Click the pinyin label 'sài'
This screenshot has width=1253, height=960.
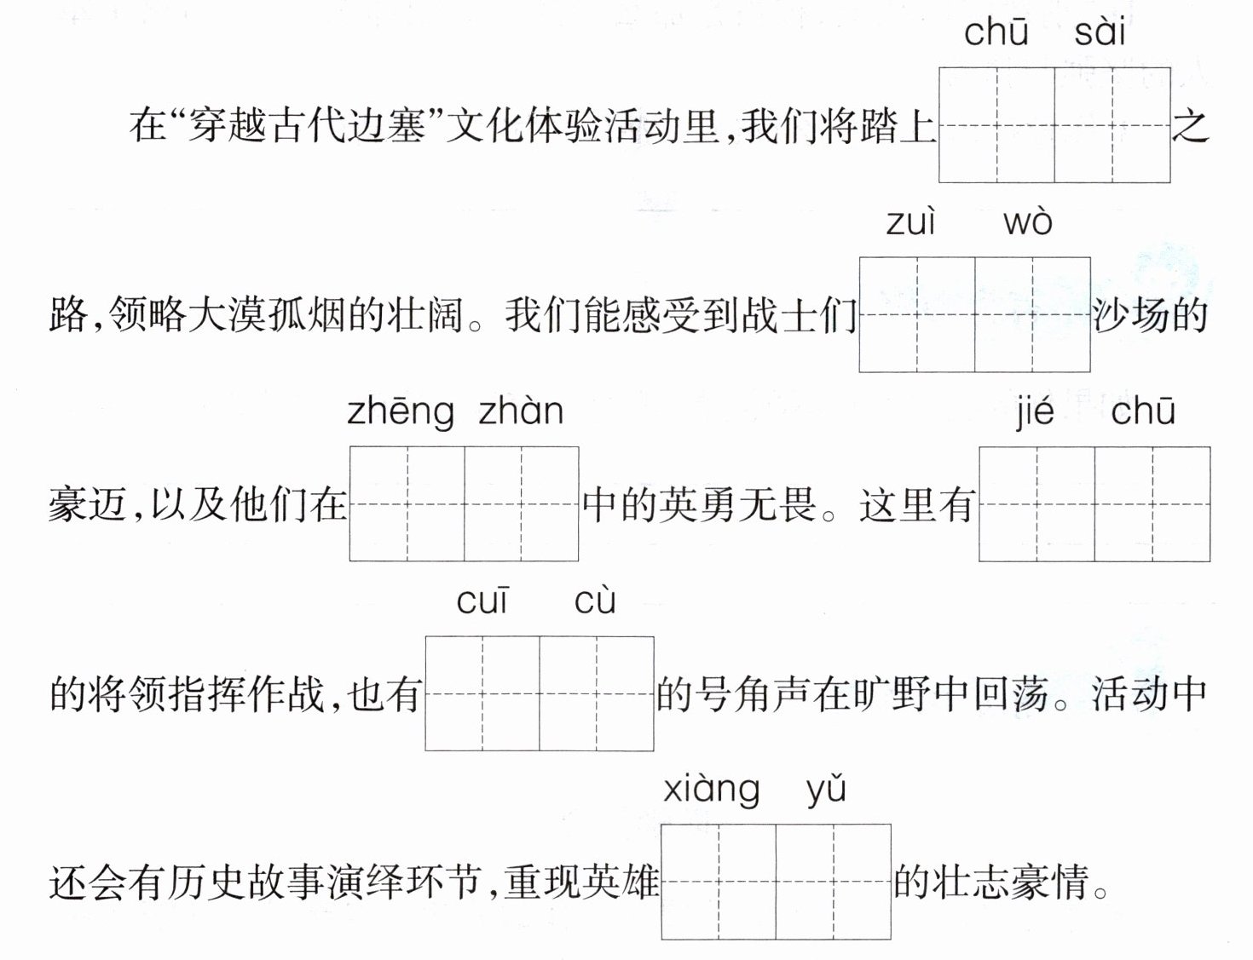1100,32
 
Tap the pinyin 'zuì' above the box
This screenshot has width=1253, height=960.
910,222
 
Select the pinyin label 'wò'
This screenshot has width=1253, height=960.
1027,222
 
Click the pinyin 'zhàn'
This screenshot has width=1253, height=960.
521,411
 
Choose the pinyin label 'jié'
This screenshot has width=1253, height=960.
1035,411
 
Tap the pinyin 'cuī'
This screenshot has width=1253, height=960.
482,601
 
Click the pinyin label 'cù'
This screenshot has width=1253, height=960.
594,601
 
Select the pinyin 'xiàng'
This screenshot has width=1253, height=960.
711,790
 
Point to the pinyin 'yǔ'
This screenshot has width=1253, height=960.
825,790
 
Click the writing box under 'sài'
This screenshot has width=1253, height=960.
1112,125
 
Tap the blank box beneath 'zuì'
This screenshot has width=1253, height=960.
917,314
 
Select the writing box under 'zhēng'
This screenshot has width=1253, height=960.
407,503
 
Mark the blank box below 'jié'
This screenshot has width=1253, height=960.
1036,503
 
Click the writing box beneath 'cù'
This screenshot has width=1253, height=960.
597,693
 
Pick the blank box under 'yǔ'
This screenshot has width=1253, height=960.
834,882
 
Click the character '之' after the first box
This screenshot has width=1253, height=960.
1191,126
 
